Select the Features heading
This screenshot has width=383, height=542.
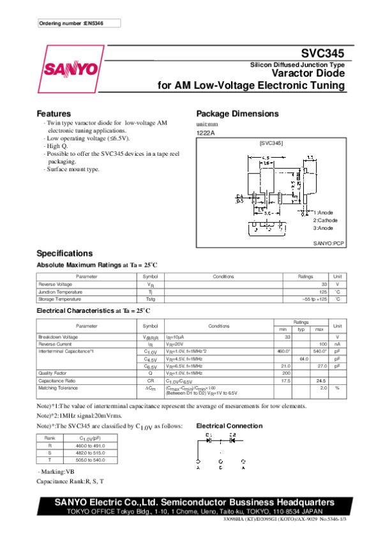point(54,114)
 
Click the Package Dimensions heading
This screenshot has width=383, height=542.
point(237,114)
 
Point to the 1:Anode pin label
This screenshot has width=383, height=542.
point(323,212)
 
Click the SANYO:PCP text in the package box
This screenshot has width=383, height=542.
point(329,244)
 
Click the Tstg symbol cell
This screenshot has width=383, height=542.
point(150,299)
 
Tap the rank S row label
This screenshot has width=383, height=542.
point(49,453)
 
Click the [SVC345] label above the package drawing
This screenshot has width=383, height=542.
point(271,144)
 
